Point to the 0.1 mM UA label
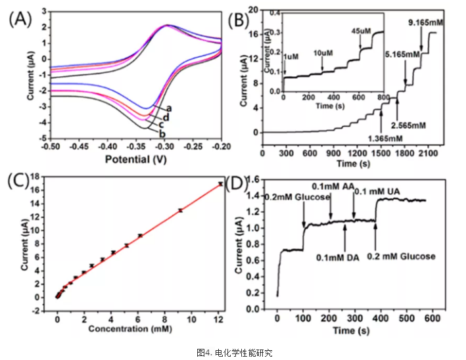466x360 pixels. (x=378, y=192)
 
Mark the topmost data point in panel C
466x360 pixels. (x=220, y=183)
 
